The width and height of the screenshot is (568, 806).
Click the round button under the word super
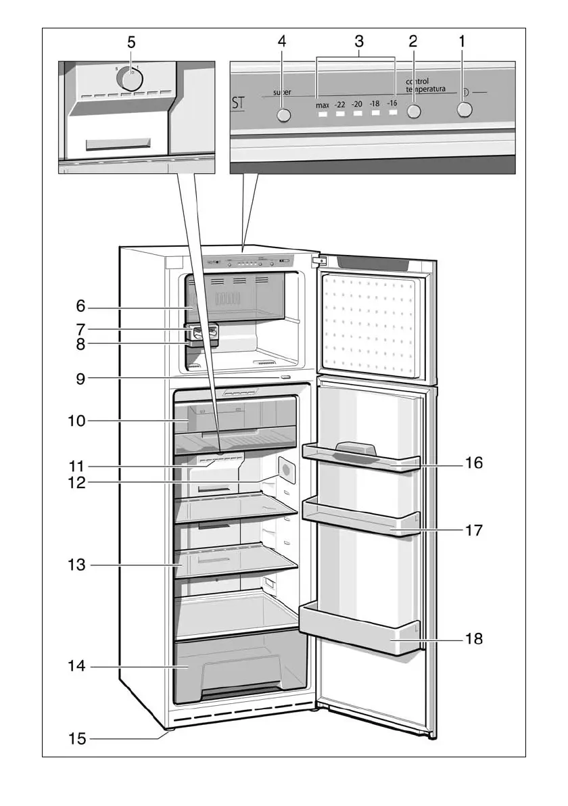click(x=284, y=115)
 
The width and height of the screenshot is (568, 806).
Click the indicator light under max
click(x=323, y=115)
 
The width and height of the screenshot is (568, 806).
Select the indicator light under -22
click(x=340, y=114)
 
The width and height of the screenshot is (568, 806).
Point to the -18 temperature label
click(x=375, y=104)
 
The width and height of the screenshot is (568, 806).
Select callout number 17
click(x=474, y=530)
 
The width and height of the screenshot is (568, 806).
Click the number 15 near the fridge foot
click(x=77, y=738)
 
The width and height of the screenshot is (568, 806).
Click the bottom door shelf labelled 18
click(x=358, y=632)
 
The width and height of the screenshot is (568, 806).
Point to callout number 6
click(x=80, y=306)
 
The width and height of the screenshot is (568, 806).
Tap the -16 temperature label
click(x=392, y=103)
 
